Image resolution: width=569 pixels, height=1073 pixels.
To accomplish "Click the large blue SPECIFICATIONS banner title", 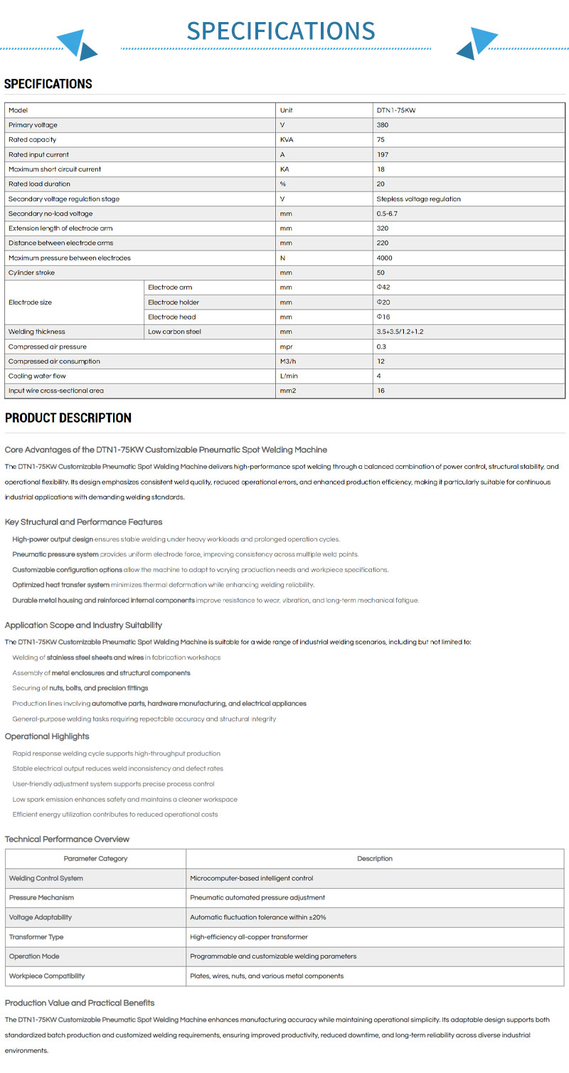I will click(x=281, y=31).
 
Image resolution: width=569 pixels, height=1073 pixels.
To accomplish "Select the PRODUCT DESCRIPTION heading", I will click(x=68, y=418).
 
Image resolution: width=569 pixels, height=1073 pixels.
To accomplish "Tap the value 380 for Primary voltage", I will click(x=383, y=125).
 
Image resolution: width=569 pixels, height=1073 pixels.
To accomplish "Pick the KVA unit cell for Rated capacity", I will click(x=287, y=139).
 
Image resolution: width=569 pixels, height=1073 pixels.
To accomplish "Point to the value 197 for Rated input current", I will click(x=383, y=154).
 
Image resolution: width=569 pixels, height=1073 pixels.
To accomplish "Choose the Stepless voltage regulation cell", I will click(x=418, y=199).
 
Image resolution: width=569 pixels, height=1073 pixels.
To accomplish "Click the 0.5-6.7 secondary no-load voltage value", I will click(x=388, y=213).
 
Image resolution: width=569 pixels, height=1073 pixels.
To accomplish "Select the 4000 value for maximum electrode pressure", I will click(x=385, y=258).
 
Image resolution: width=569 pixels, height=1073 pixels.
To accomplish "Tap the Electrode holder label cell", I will click(x=174, y=302).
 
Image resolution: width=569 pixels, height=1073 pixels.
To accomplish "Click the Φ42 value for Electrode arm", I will click(x=383, y=287).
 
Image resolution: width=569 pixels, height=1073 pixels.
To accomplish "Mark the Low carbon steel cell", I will click(x=174, y=332).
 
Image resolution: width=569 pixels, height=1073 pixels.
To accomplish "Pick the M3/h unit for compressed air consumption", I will click(x=288, y=361).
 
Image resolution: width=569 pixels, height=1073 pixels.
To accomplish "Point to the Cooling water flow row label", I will click(x=37, y=376).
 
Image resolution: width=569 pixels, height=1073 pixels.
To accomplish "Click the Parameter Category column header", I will click(x=95, y=859).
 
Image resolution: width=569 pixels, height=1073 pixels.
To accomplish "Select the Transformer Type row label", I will click(x=36, y=937).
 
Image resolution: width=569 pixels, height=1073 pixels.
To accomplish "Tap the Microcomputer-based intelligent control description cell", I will click(x=252, y=878).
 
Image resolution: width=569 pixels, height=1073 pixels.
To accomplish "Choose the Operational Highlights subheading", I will click(x=47, y=736).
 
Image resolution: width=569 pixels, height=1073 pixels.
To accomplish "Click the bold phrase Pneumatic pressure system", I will click(x=55, y=554).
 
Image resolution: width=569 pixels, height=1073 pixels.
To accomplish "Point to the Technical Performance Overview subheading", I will click(x=68, y=839).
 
